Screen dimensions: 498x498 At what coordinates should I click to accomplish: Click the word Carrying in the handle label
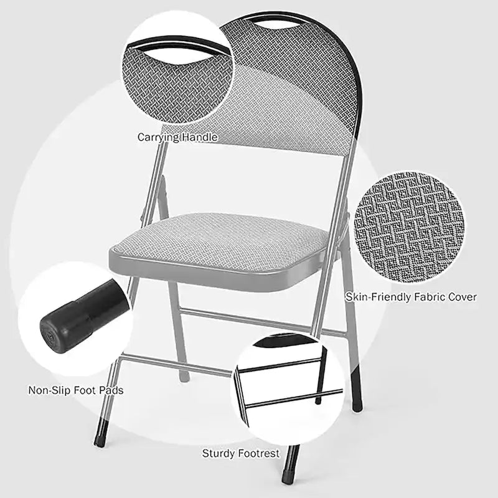157,136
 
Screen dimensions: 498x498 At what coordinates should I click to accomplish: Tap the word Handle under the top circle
199,136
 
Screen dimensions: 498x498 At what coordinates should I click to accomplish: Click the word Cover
462,297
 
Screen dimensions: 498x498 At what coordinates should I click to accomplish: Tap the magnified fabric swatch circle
411,227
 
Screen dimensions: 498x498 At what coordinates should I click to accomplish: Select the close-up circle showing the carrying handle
177,68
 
